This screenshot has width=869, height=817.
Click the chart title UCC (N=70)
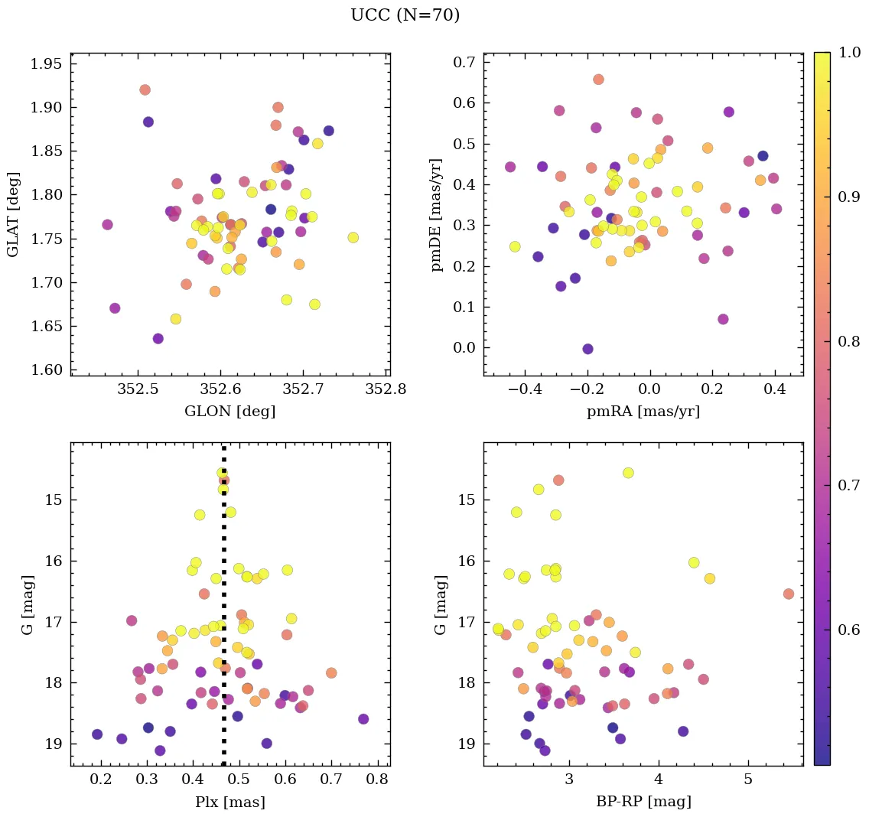pos(405,15)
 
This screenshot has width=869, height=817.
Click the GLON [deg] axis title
pos(229,412)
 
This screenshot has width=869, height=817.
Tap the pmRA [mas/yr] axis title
pos(643,412)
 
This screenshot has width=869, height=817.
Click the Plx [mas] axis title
pos(229,802)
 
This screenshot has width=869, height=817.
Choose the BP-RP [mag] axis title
pos(643,802)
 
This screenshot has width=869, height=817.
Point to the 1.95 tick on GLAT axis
pos(45,63)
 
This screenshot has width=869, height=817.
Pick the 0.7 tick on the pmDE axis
pos(463,62)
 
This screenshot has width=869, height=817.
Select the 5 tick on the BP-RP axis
pos(747,780)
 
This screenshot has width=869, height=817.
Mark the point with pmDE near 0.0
pos(587,349)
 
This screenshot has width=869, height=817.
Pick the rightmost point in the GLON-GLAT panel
pos(353,237)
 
